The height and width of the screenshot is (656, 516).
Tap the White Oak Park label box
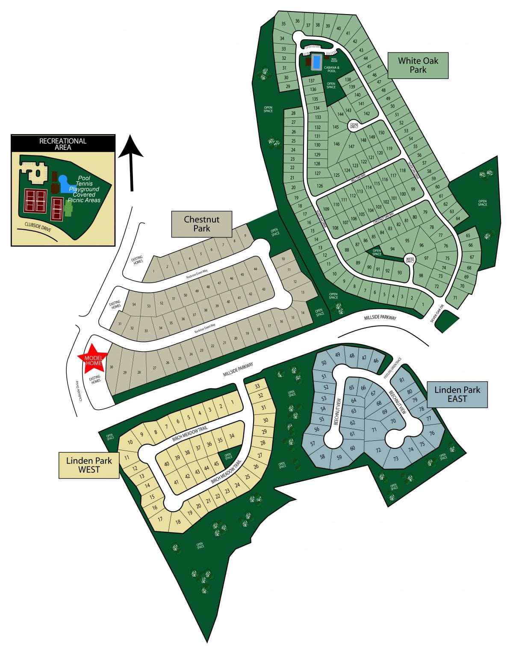point(418,65)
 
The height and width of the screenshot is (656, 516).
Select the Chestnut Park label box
point(201,224)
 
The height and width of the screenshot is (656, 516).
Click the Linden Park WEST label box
point(88,465)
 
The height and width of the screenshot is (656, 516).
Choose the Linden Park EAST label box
point(457,394)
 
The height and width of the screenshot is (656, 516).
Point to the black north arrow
point(131,162)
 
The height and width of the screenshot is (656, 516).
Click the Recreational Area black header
point(63,143)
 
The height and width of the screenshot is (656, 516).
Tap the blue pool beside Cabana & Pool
point(316,62)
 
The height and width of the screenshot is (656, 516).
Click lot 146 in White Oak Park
point(336,144)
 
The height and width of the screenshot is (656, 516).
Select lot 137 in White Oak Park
point(312,81)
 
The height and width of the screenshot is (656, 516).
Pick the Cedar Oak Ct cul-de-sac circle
point(354,125)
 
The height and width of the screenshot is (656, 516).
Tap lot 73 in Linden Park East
point(395,459)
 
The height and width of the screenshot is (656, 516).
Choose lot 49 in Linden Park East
point(337,355)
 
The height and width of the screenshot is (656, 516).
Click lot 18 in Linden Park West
point(178,521)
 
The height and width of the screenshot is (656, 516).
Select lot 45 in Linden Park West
point(216,464)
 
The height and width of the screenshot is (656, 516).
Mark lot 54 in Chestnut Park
point(134,304)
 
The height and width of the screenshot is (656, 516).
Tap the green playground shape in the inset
point(68,209)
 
